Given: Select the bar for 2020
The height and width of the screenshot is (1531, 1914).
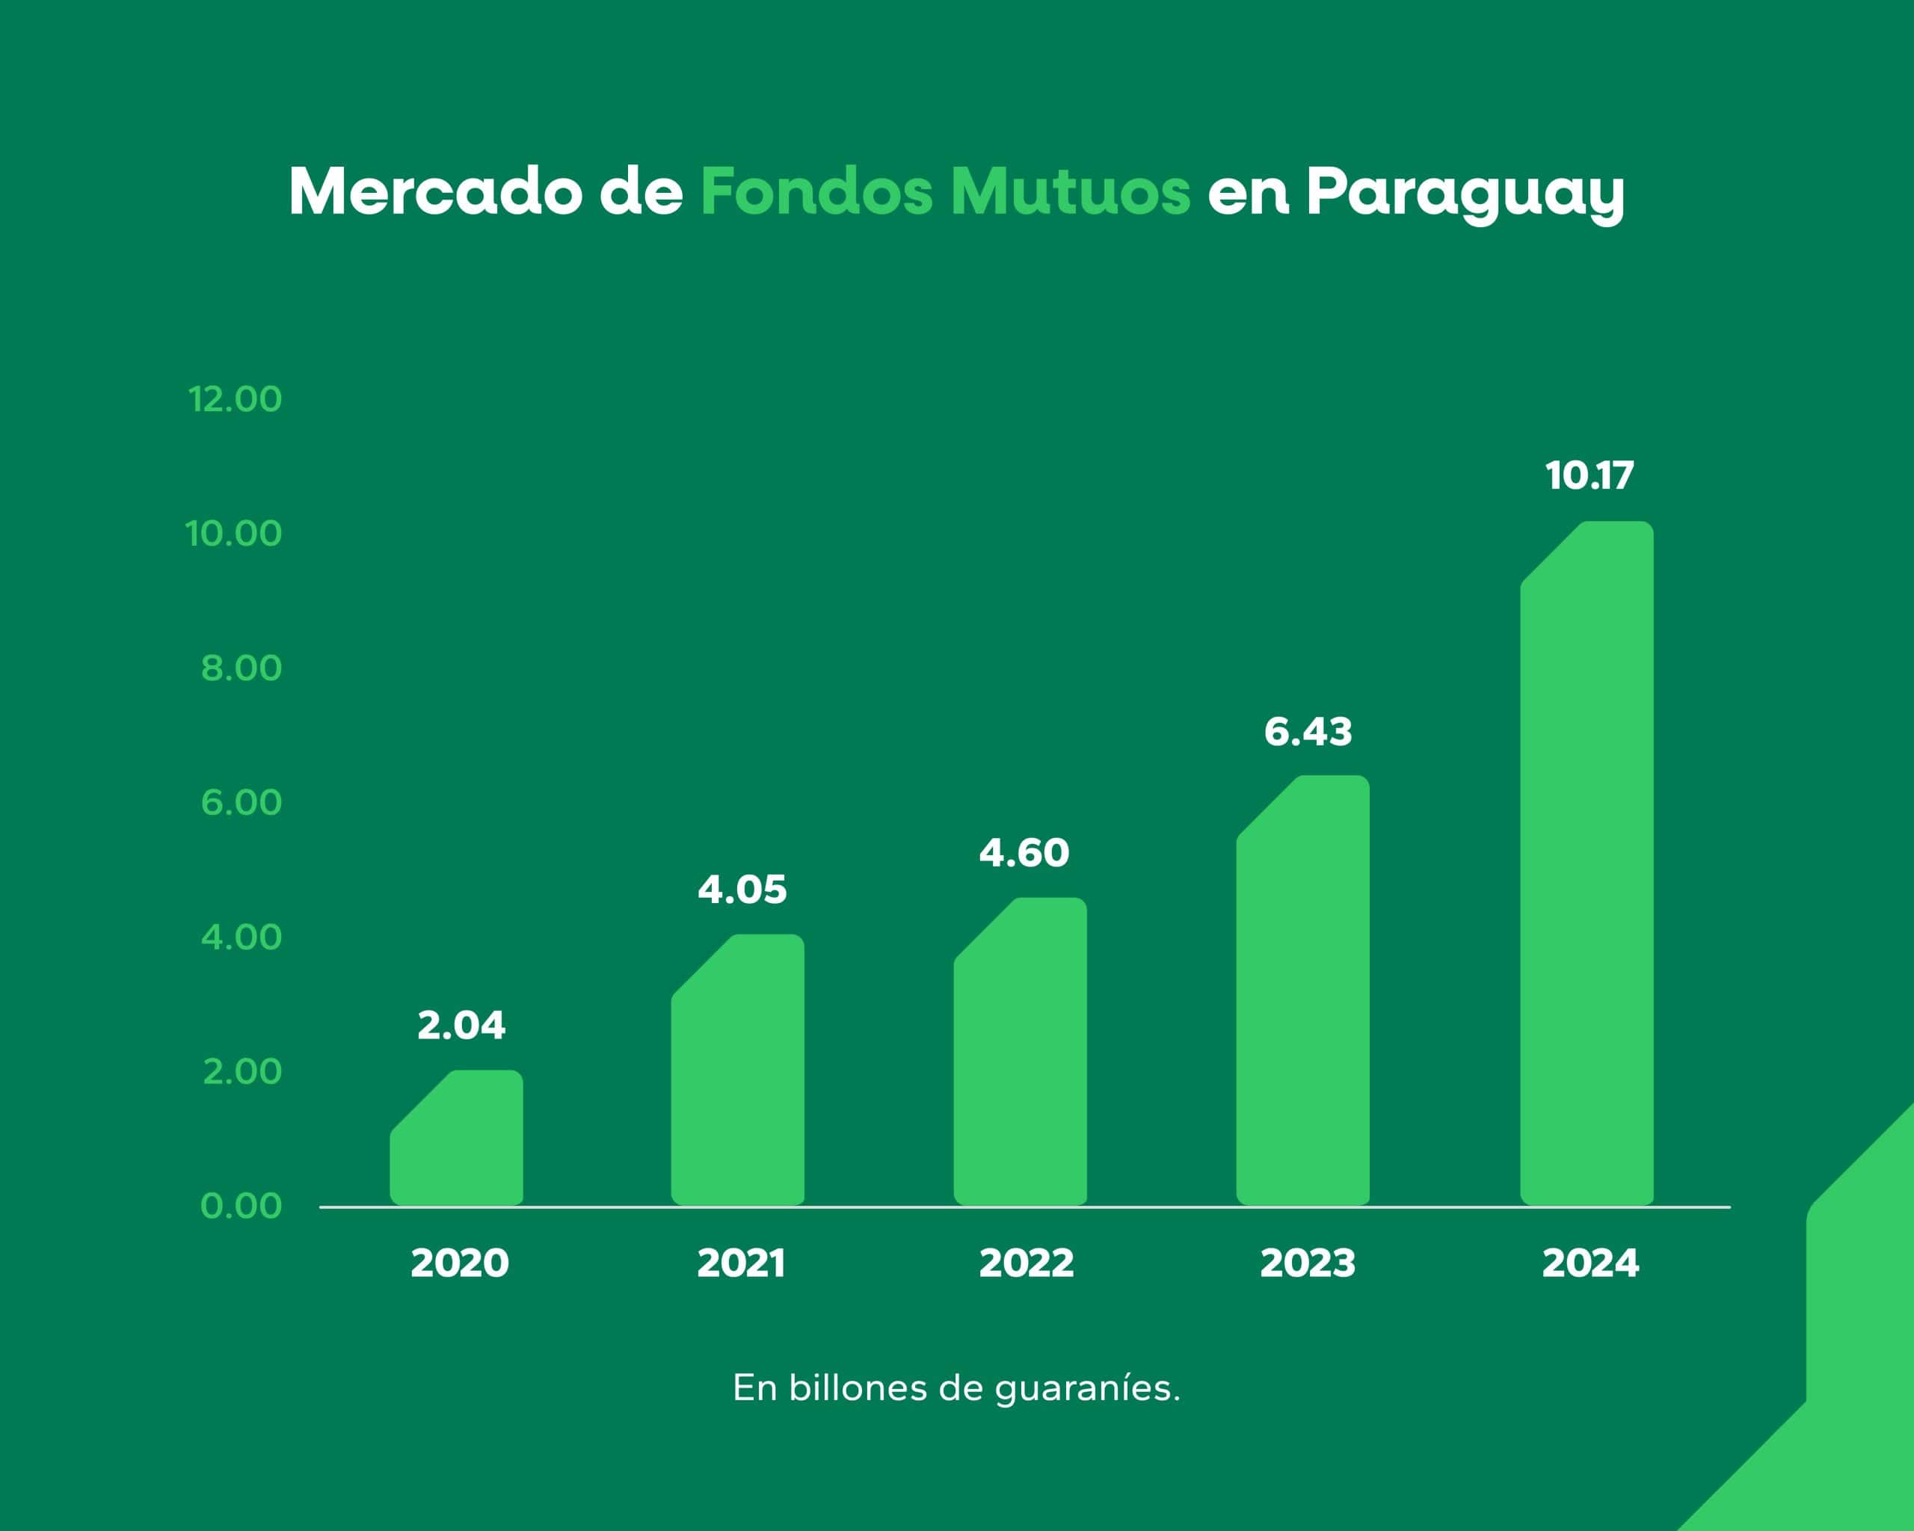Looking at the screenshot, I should pyautogui.click(x=456, y=1141).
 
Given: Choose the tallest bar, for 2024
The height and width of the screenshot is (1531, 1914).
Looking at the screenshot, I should pyautogui.click(x=1587, y=866).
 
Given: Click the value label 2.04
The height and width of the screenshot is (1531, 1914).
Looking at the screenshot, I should pyautogui.click(x=461, y=1026).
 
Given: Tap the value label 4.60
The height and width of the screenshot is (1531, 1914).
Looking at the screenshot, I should pyautogui.click(x=1024, y=854).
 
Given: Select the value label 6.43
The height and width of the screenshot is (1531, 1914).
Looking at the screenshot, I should pyautogui.click(x=1308, y=732).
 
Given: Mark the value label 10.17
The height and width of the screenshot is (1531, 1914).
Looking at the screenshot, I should pyautogui.click(x=1589, y=475).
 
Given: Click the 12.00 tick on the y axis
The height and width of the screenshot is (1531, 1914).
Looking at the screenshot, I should pyautogui.click(x=234, y=399).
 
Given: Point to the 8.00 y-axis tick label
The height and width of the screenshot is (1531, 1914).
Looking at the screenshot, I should pyautogui.click(x=241, y=668).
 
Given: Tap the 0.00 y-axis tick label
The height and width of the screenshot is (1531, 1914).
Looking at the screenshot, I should pyautogui.click(x=241, y=1206).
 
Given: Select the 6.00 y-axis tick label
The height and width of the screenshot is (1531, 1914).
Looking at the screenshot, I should pyautogui.click(x=241, y=803).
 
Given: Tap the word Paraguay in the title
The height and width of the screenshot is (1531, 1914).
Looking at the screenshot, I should pyautogui.click(x=1465, y=194).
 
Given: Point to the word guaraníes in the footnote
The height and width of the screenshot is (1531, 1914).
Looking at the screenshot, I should pyautogui.click(x=1086, y=1389).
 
